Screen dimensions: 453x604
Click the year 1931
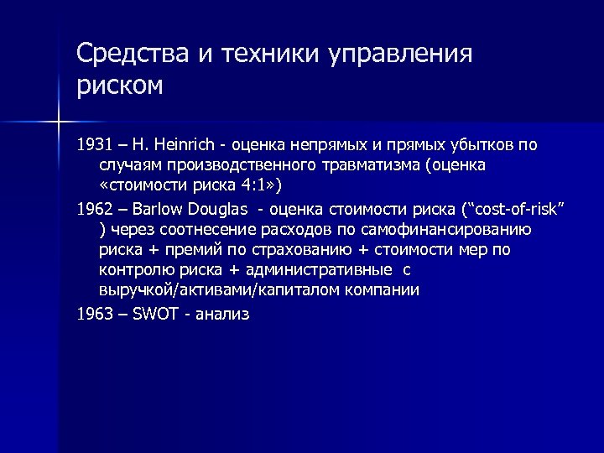92,144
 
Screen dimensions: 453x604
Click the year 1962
92,207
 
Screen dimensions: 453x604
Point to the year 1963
92,313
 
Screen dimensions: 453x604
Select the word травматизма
364,165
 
